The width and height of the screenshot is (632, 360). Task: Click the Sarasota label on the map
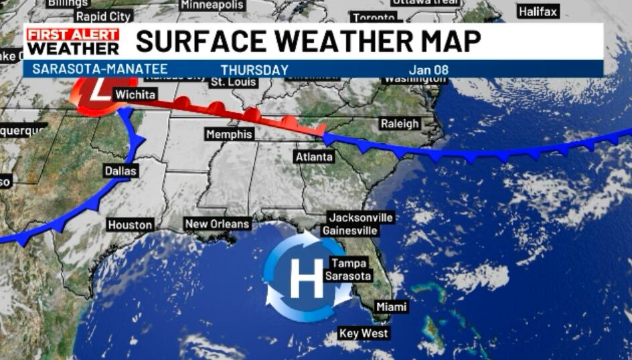[348, 276]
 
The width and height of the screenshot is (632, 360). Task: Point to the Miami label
[391, 306]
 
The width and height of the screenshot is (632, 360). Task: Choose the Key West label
[364, 333]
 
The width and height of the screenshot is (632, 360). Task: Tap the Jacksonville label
[360, 218]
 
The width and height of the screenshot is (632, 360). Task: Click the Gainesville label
[350, 231]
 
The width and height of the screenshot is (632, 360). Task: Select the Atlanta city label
[314, 157]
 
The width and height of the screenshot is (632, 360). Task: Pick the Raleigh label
[400, 123]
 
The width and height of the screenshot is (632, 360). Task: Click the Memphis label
[230, 134]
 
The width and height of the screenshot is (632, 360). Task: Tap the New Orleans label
[218, 224]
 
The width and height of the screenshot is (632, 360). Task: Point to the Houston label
[131, 225]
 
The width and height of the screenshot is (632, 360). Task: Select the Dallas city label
[121, 171]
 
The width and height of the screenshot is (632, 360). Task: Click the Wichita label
[136, 95]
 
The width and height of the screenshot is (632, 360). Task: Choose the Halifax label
[538, 12]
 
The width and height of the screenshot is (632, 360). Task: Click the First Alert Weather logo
[73, 41]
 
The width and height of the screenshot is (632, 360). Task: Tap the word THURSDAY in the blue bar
[254, 70]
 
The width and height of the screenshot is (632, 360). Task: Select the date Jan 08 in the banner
[428, 70]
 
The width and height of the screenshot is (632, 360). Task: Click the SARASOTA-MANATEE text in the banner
[100, 69]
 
